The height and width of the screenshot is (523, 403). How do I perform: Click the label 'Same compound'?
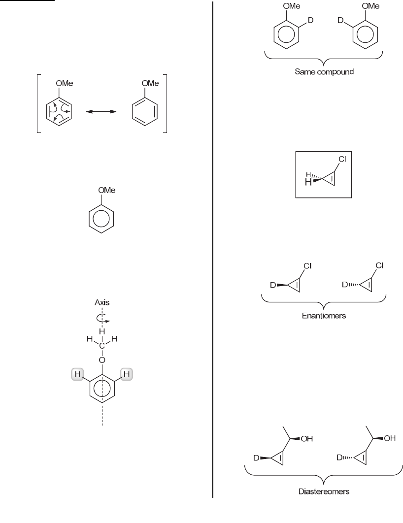324,72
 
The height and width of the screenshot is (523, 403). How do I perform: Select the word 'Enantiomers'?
324,315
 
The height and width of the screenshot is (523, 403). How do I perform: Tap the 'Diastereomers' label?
324,491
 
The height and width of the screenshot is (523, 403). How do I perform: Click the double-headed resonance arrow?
101,112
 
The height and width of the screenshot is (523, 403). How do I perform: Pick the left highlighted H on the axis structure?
77,375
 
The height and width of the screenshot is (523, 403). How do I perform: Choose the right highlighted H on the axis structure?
127,375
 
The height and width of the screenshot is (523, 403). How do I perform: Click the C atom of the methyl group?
102,346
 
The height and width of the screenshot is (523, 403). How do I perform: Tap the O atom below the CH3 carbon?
102,360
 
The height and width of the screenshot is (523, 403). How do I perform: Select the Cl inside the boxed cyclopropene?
342,160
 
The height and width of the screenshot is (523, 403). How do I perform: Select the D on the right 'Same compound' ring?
340,20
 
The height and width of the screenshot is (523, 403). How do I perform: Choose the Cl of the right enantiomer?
379,265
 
